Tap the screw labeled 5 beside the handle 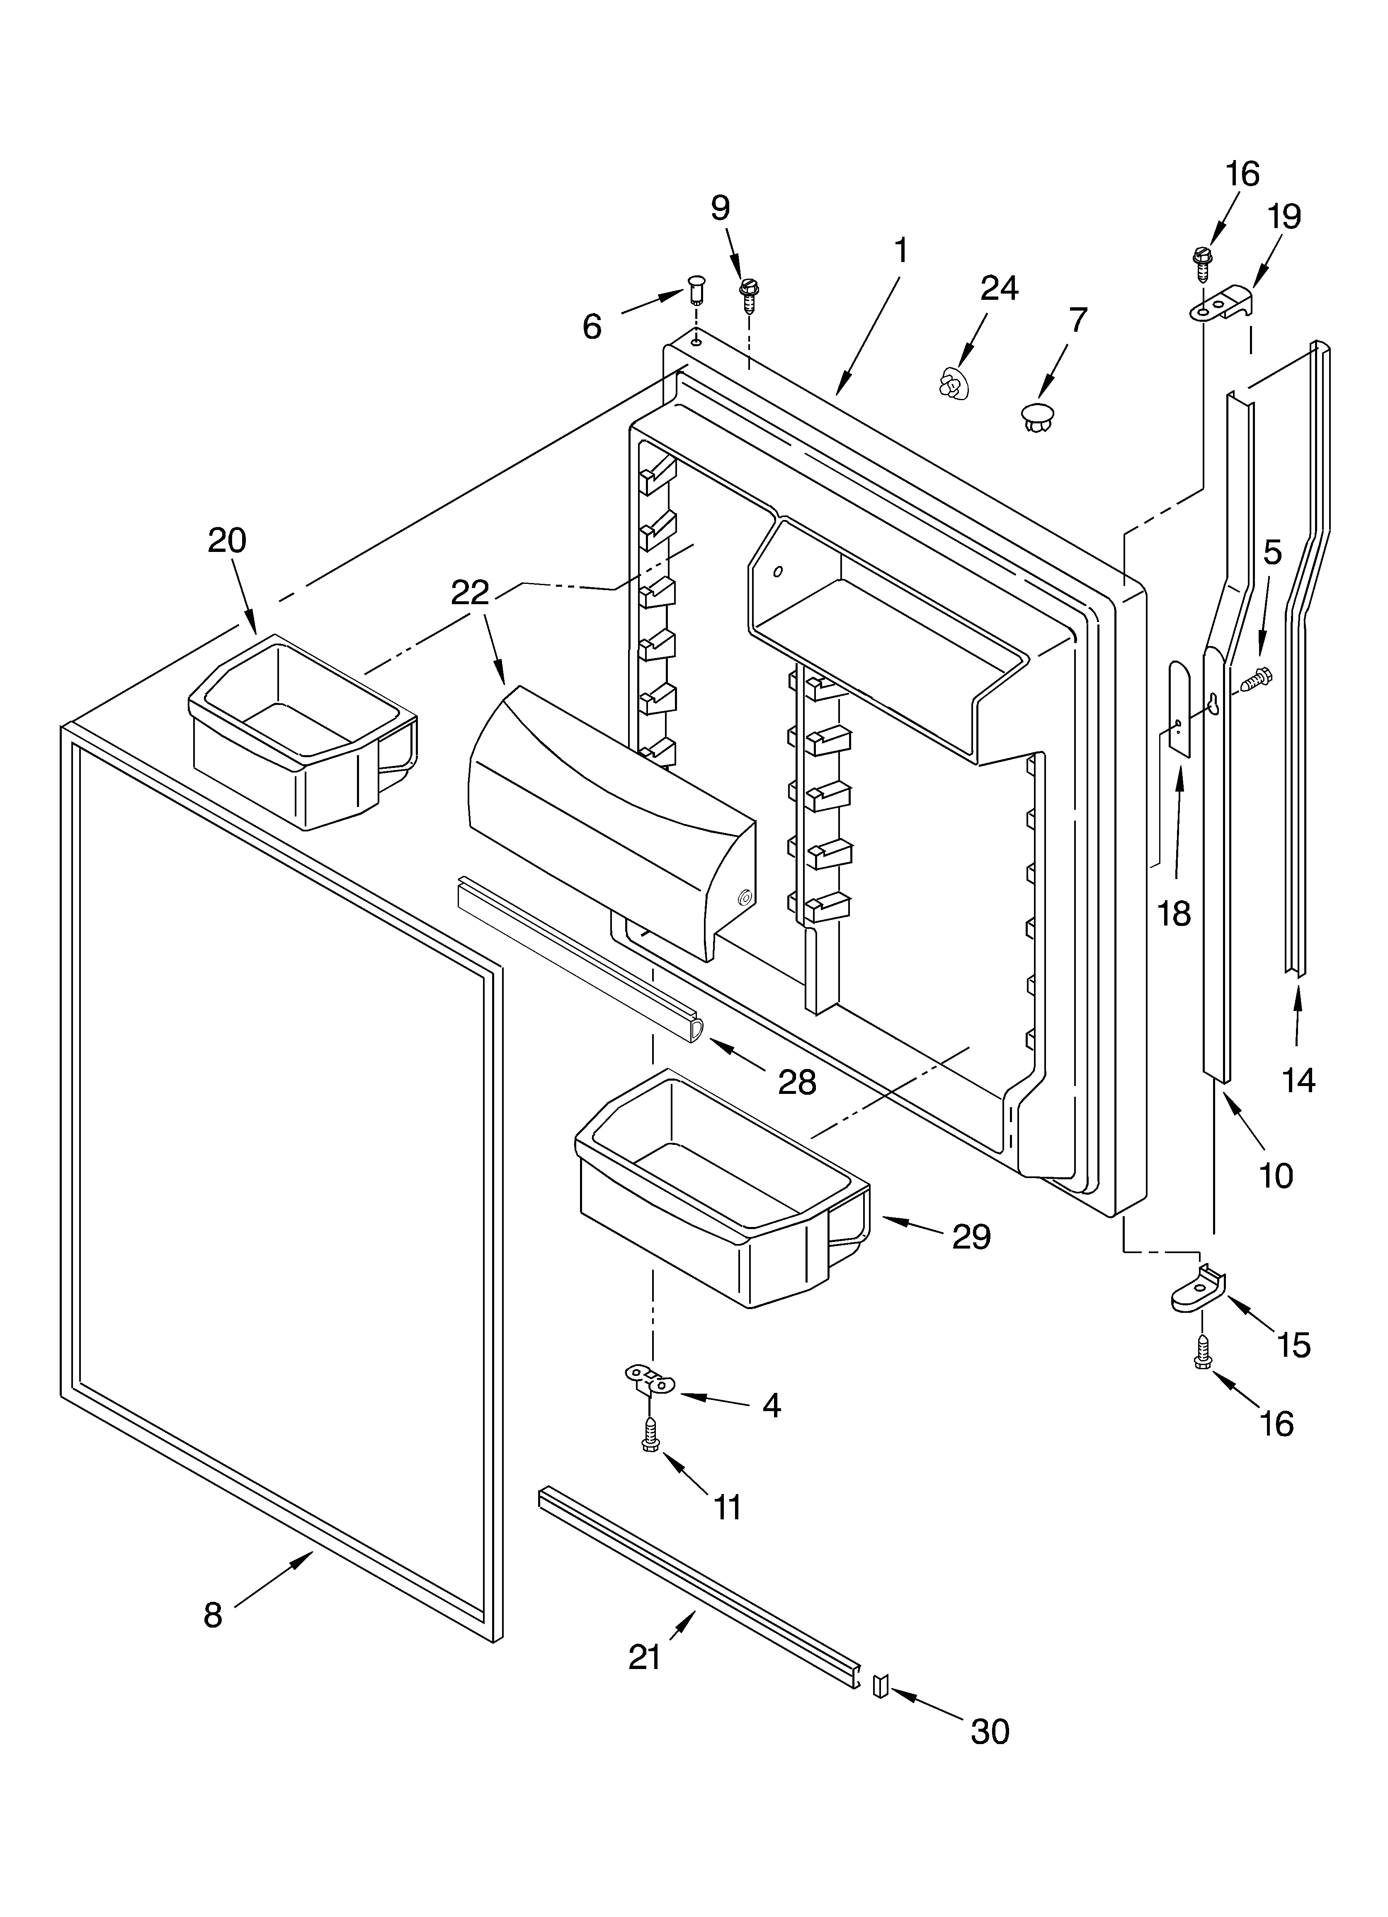coord(1256,676)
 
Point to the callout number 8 coord(213,1614)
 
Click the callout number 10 coord(1276,1175)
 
